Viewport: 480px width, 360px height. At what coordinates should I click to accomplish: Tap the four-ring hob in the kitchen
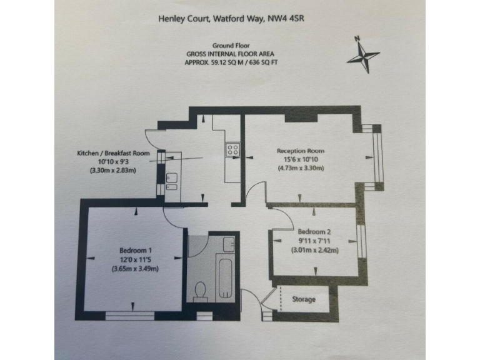[233, 149]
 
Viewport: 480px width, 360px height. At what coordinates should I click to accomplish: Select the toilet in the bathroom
[201, 289]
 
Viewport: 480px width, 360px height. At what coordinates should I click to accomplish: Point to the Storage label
[304, 299]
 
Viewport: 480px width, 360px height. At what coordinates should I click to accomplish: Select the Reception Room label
[301, 151]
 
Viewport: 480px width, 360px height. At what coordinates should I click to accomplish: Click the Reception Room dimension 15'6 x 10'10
[300, 159]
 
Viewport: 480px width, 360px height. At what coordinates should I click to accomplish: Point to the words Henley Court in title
[182, 19]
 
